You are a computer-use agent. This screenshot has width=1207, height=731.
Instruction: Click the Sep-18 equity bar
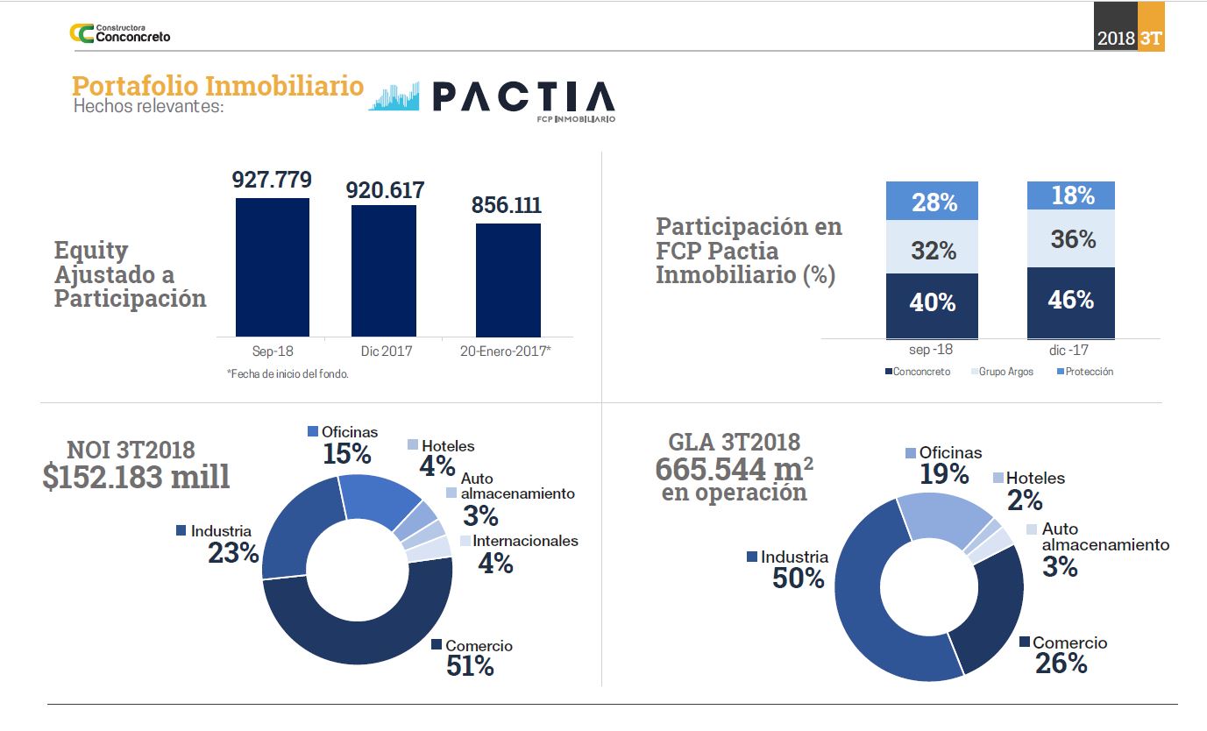click(x=272, y=266)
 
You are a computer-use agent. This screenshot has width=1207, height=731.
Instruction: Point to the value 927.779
click(x=272, y=180)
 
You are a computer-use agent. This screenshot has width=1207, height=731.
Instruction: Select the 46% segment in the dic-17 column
click(x=1071, y=302)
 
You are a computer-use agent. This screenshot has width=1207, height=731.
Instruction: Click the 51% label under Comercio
click(x=470, y=666)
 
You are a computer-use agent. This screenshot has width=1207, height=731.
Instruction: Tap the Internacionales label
click(x=525, y=541)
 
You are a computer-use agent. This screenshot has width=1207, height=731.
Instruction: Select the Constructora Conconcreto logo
click(x=120, y=33)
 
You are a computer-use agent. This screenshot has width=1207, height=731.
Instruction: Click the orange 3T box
click(x=1151, y=39)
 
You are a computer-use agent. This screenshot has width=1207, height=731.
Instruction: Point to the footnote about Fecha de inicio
click(x=288, y=373)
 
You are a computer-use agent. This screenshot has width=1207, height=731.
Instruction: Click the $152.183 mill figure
click(x=136, y=477)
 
